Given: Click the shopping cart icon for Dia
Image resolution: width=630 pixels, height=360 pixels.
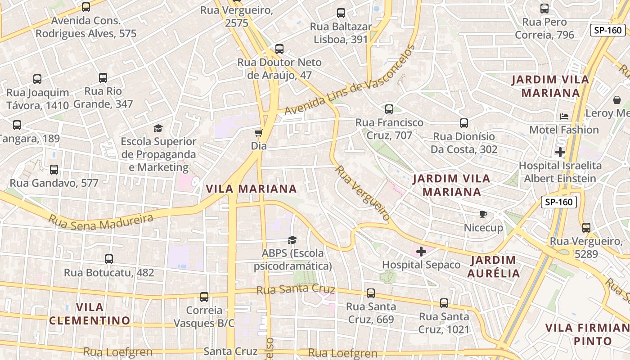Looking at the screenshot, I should pyautogui.click(x=258, y=133).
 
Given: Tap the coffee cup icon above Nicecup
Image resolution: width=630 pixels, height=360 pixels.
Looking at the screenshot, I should pyautogui.click(x=483, y=214).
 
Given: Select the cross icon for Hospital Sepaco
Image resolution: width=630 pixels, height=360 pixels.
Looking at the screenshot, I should pyautogui.click(x=421, y=252).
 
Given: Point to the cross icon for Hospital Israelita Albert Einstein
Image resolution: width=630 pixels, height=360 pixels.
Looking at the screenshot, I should pyautogui.click(x=560, y=152).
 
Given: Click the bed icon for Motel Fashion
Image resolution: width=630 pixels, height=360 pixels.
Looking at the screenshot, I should pyautogui.click(x=564, y=117).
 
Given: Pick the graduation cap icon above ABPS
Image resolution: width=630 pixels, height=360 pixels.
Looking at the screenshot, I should pyautogui.click(x=292, y=240).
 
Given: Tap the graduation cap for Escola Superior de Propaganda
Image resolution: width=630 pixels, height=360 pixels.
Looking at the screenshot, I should pyautogui.click(x=158, y=129).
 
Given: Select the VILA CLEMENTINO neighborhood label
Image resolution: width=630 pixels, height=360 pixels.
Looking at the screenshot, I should pyautogui.click(x=90, y=314).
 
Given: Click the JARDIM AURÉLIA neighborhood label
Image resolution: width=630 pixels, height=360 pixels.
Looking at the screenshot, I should pyautogui.click(x=493, y=266).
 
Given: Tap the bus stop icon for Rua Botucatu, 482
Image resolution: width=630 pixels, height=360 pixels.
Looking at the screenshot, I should pyautogui.click(x=109, y=259).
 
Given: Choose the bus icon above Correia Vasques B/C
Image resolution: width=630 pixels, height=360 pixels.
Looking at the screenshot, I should pyautogui.click(x=204, y=297).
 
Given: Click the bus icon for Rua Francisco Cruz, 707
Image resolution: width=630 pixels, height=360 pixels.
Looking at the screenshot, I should pyautogui.click(x=389, y=109).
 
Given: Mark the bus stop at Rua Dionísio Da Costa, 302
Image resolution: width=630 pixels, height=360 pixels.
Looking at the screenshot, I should pyautogui.click(x=464, y=123).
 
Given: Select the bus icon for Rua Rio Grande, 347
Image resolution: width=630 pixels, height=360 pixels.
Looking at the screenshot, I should pyautogui.click(x=103, y=78).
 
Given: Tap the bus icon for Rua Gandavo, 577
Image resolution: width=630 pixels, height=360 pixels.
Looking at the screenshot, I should pyautogui.click(x=54, y=170).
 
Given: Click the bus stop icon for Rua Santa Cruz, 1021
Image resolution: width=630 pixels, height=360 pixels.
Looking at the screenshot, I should pyautogui.click(x=444, y=303).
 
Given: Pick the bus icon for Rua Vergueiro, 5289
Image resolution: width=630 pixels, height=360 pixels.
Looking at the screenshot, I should pyautogui.click(x=586, y=228).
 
